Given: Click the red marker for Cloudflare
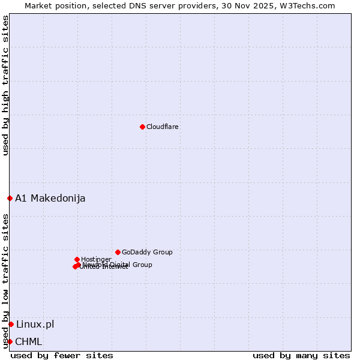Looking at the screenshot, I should click(142, 127).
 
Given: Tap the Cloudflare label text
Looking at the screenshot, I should click(163, 127).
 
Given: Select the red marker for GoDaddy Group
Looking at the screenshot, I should click(118, 252).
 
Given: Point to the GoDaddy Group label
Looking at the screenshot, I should click(147, 252).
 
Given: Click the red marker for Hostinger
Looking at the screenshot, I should click(77, 259).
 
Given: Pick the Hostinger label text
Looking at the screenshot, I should click(96, 259).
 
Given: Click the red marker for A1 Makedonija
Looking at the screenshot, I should click(10, 198).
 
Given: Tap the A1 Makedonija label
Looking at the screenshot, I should click(50, 198).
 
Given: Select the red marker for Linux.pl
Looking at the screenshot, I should click(11, 324).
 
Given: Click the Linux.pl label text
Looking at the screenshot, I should click(35, 324).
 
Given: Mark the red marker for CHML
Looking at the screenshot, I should click(10, 341).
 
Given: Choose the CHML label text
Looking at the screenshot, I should click(29, 341).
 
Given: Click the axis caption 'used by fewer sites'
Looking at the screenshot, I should click(62, 355).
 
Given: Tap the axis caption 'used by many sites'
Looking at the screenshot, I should click(301, 355).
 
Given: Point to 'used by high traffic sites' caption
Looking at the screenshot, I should click(6, 85).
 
